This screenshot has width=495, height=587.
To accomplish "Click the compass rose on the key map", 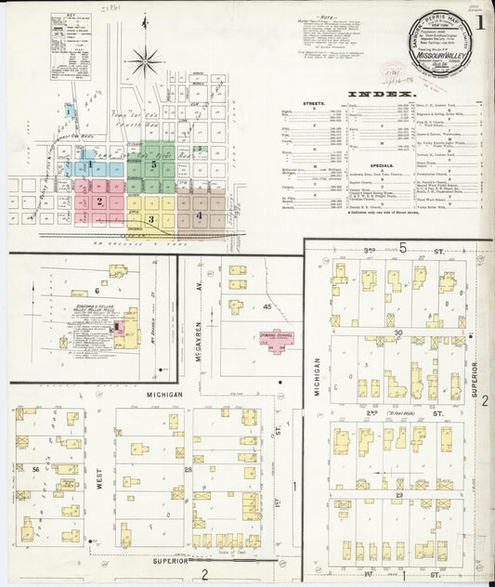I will (x=146, y=62).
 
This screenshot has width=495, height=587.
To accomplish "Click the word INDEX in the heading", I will (x=381, y=95).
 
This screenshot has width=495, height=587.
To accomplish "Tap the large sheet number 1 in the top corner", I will (x=478, y=21).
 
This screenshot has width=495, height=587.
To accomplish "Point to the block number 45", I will (x=266, y=307).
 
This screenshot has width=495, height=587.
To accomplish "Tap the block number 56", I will (x=35, y=471).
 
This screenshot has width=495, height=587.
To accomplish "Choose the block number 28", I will (x=188, y=471).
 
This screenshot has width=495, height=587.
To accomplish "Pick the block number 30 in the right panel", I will (x=398, y=333).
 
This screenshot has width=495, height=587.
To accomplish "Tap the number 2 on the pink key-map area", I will (x=98, y=201).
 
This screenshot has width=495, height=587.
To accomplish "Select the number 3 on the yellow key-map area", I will (x=150, y=219).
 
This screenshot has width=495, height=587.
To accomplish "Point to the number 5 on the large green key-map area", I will (x=154, y=164).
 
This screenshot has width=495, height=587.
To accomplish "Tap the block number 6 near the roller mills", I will (x=96, y=291).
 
